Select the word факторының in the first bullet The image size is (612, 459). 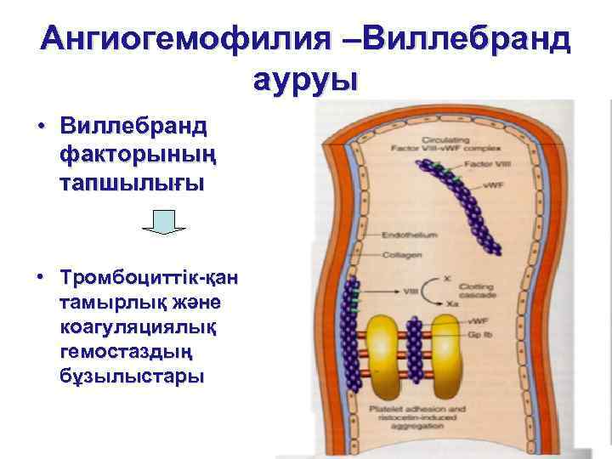[x=133, y=156]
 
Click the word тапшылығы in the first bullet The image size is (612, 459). [x=132, y=184]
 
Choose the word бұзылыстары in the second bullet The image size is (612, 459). [x=132, y=377]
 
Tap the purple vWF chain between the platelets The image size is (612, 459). [x=416, y=340]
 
